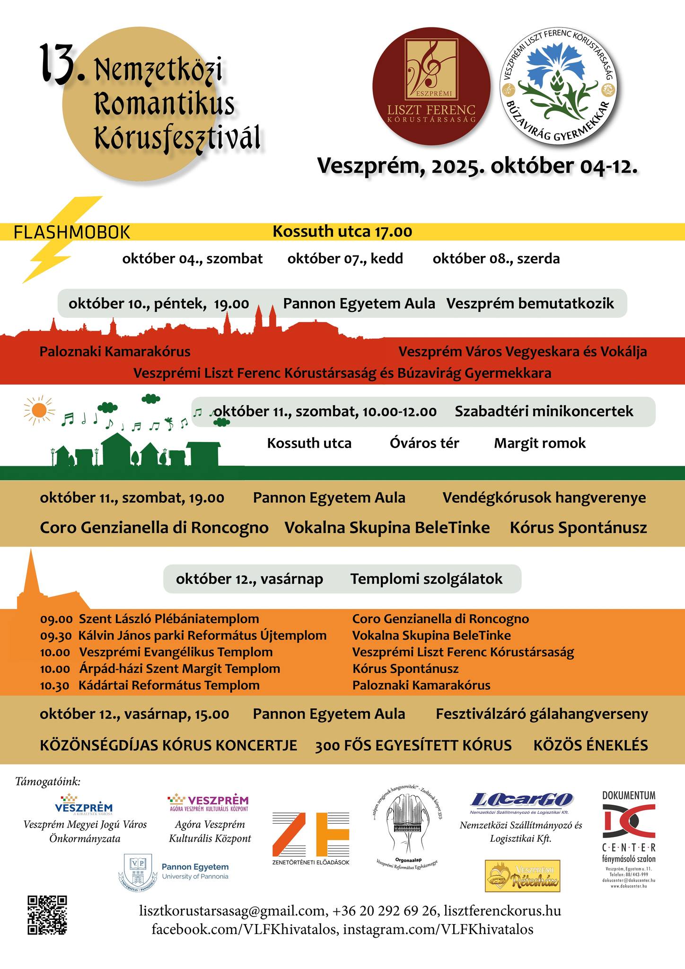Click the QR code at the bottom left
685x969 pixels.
coord(47,915)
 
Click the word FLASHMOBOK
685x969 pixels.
coord(72,232)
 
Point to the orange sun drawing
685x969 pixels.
coord(39,410)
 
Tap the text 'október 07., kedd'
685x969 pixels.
coord(345,259)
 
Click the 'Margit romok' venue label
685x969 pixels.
coord(540,443)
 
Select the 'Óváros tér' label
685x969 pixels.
coord(424,443)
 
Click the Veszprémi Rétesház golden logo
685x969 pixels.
coord(522,876)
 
